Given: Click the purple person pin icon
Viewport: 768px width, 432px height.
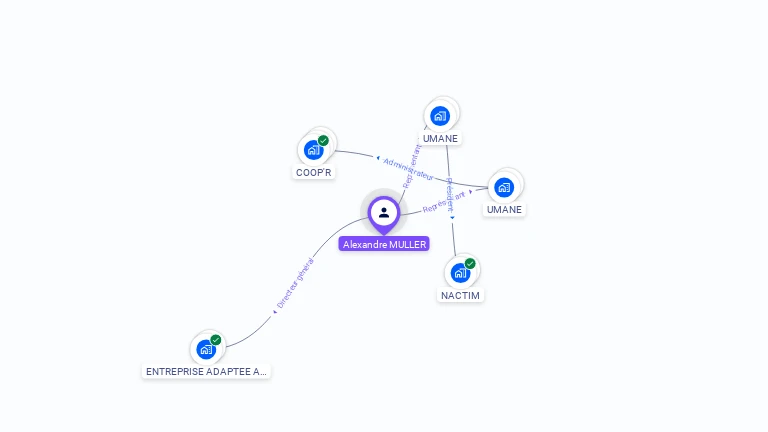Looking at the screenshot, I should coord(384,212).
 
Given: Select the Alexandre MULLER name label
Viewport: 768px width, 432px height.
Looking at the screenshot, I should coord(384,244).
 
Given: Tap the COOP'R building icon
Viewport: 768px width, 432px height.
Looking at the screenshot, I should coord(314,150).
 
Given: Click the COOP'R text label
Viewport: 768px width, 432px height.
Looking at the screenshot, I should coord(314,172).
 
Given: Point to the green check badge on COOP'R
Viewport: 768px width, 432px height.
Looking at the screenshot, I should coord(323,141).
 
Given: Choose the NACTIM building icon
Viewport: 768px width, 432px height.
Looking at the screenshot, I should coord(460,273).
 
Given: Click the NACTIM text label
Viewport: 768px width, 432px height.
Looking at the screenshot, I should coord(461,296).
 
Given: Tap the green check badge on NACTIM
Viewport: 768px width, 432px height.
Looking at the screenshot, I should coord(470,264).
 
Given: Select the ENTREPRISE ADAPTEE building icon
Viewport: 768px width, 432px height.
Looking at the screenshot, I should coord(206,349).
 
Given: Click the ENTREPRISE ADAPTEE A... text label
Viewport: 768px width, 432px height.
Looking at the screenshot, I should coord(206,371).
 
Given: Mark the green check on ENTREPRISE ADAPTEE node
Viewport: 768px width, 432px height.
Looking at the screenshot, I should coord(216,340).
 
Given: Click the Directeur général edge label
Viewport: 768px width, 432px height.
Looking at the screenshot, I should coord(295,283).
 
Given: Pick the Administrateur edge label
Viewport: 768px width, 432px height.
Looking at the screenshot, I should coord(409,168).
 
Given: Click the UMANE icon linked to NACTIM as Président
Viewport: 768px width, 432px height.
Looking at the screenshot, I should coord(440,116).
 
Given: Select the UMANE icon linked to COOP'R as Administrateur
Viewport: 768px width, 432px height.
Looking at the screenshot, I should coord(504,187).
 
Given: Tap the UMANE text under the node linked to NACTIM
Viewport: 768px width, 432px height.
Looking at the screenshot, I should coord(440,138).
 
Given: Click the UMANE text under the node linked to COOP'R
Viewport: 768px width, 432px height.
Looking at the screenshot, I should coord(504,210).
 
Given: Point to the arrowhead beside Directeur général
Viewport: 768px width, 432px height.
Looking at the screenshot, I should coord(274,312).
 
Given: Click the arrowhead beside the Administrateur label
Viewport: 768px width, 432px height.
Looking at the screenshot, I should coord(378,159).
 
